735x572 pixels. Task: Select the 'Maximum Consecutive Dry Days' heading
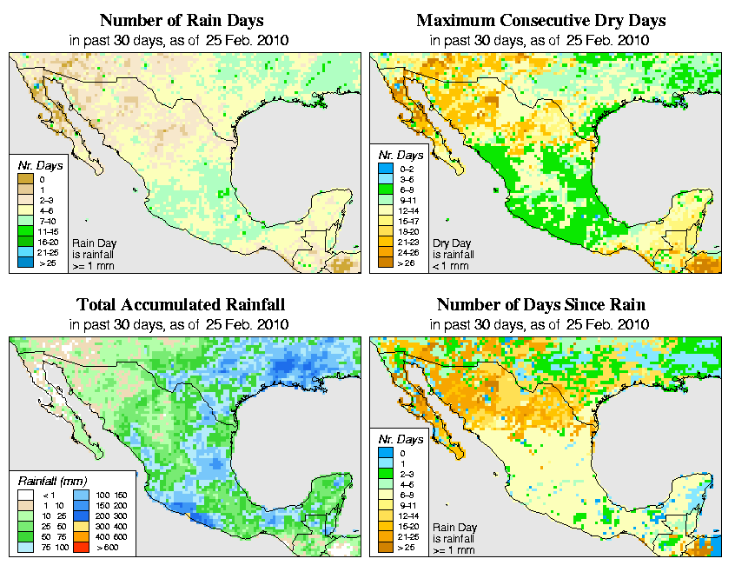pos(541,19)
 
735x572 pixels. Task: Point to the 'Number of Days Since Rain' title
pos(541,304)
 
